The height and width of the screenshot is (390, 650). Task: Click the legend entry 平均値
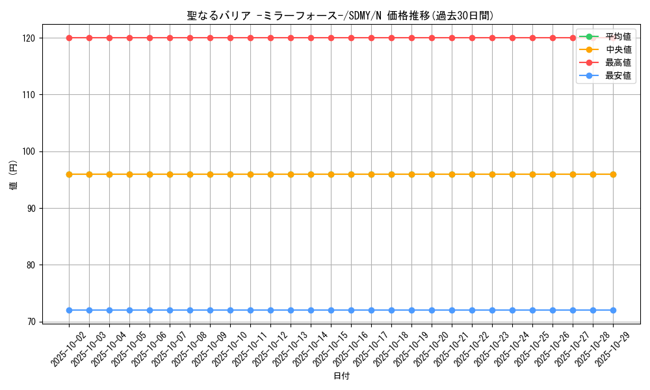[x=618, y=36]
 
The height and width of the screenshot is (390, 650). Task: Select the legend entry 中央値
[x=618, y=49]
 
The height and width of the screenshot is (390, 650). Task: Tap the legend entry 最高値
[x=618, y=62]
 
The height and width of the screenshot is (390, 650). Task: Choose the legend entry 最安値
[x=618, y=75]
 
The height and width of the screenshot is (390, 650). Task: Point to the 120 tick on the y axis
[x=31, y=38]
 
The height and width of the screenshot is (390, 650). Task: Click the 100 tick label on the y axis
[x=31, y=151]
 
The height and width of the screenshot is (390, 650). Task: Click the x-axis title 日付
[x=341, y=376]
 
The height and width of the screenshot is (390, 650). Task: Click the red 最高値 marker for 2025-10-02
[x=69, y=38]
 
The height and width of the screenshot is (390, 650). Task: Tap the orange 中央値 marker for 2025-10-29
[x=613, y=174]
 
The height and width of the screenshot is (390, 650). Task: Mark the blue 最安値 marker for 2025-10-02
[x=69, y=310]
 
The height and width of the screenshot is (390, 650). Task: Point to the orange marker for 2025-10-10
[x=230, y=174]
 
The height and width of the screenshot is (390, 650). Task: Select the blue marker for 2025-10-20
[x=432, y=310]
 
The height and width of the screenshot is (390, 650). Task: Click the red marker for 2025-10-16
[x=351, y=38]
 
